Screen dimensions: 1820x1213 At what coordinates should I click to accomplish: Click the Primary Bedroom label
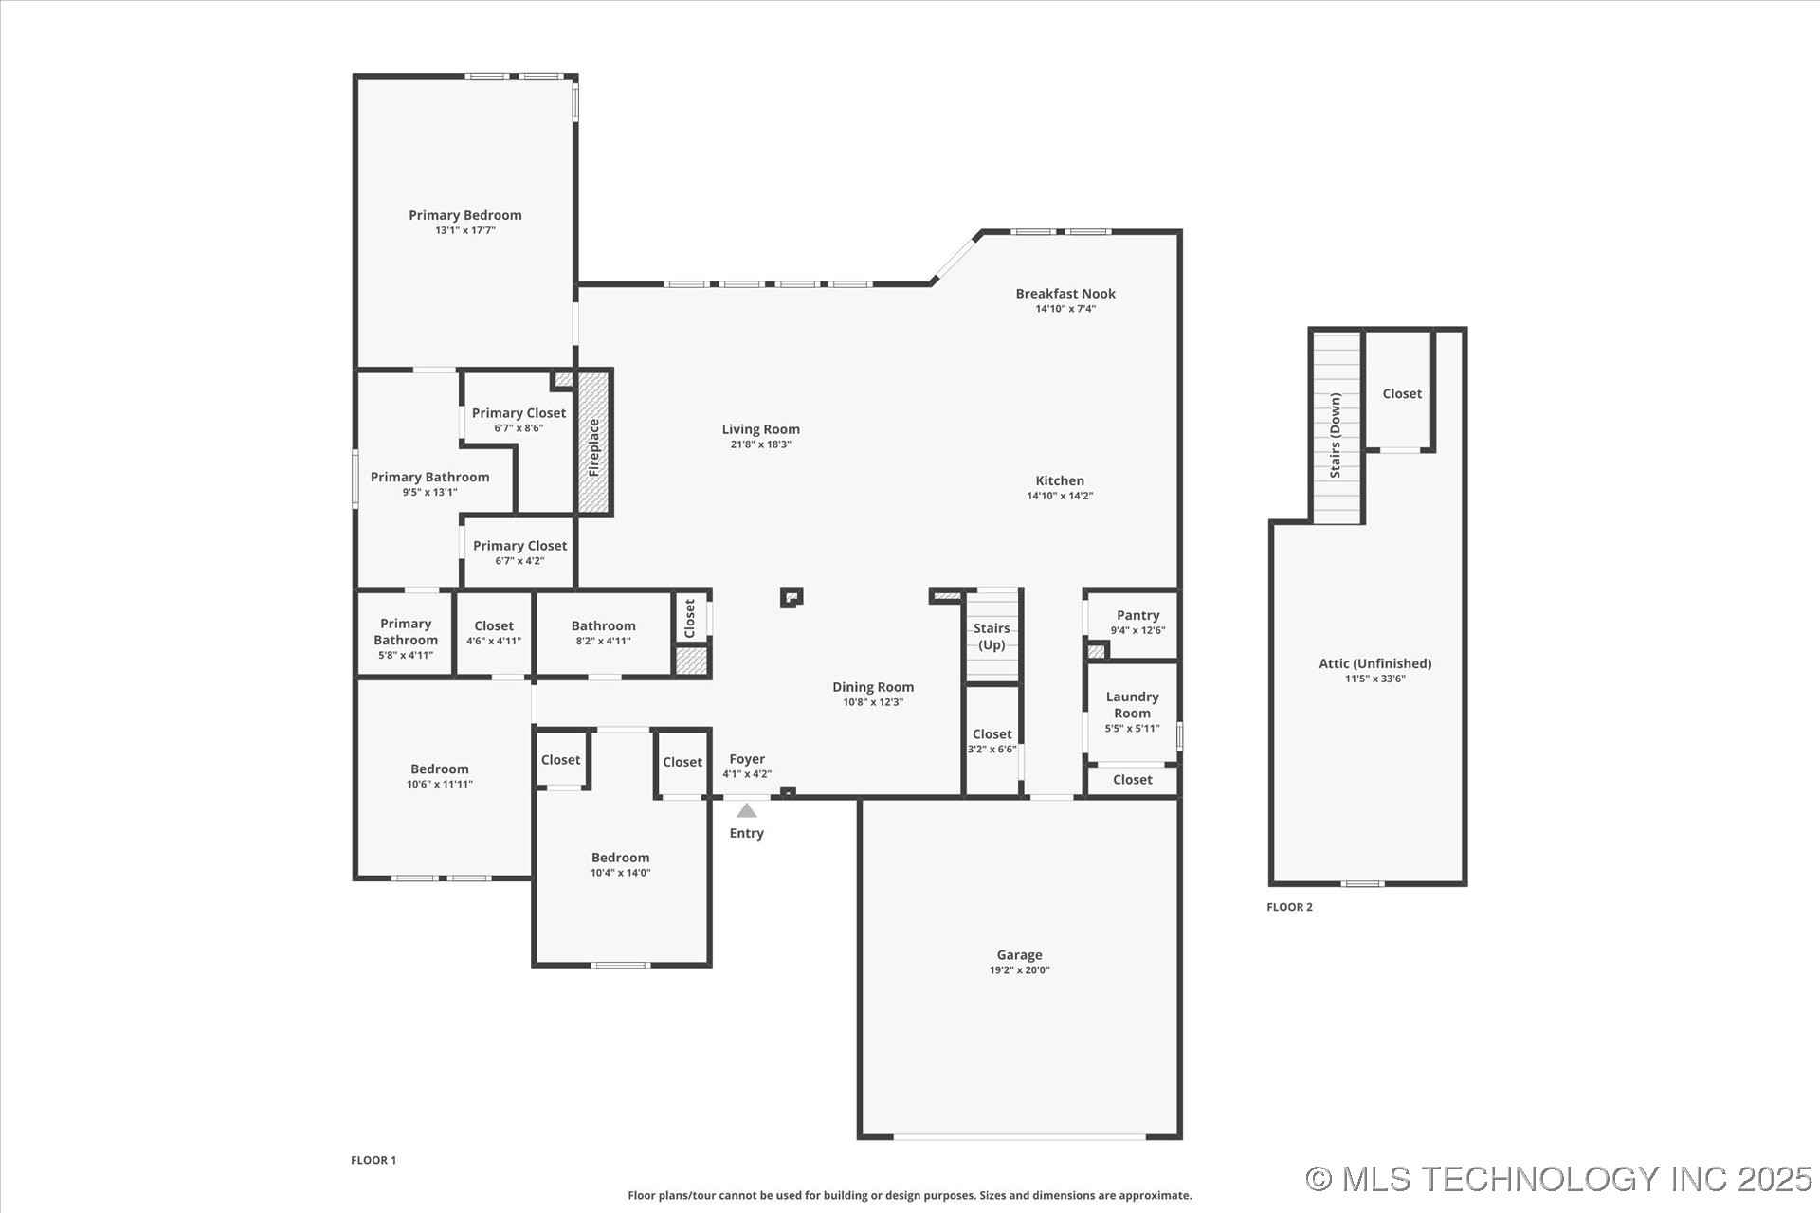click(465, 215)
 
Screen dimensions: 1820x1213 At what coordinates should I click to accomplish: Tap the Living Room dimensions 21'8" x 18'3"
click(760, 444)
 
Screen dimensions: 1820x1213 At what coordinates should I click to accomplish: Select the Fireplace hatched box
click(593, 443)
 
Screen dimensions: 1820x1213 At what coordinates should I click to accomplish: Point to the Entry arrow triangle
click(747, 810)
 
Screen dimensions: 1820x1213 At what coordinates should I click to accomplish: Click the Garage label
click(1019, 955)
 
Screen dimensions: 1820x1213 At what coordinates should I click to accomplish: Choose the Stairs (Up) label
click(992, 636)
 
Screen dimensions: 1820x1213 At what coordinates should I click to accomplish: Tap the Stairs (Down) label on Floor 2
click(1335, 435)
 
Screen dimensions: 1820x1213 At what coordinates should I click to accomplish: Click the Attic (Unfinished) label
click(1374, 663)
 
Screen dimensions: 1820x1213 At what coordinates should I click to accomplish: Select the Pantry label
click(1137, 616)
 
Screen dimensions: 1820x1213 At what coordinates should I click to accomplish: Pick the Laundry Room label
click(1132, 705)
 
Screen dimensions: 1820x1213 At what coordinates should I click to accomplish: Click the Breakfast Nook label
click(1065, 294)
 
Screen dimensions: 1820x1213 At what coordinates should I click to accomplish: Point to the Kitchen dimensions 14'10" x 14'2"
click(1060, 496)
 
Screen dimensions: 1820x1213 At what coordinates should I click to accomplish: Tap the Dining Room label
click(873, 687)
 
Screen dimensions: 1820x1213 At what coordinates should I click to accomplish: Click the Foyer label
click(747, 759)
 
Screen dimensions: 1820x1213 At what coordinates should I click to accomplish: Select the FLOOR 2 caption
click(1289, 907)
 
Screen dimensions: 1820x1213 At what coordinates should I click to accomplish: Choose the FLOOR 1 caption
click(373, 1160)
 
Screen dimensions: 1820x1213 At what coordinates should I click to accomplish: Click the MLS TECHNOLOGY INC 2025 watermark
click(1559, 1179)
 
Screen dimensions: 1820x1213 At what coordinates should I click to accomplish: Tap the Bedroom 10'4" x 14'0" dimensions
click(620, 873)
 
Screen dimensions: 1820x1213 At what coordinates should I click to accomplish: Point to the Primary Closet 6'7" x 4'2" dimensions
click(519, 561)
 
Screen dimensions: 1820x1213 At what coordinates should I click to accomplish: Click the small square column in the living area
click(792, 597)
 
